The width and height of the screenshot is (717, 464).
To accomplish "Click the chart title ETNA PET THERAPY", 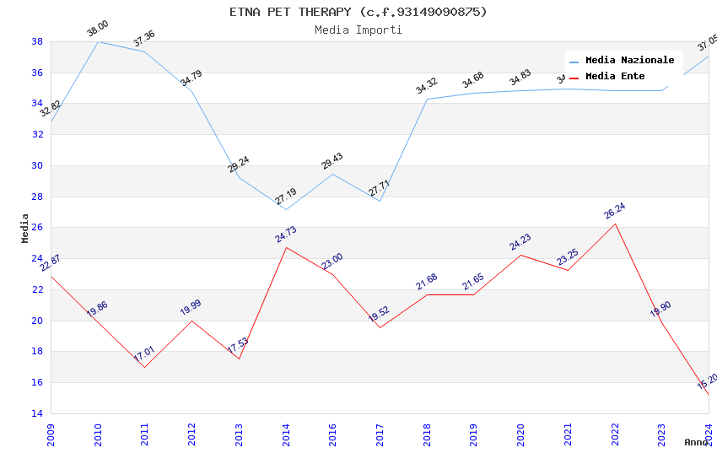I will pyautogui.click(x=358, y=12).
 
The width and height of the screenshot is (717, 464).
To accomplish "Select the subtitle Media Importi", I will pyautogui.click(x=358, y=30).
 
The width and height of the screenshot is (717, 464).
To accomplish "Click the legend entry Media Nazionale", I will pyautogui.click(x=629, y=61).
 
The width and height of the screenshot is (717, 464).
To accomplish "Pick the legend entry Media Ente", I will pyautogui.click(x=615, y=77).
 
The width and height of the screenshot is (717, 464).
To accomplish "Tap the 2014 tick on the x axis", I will pyautogui.click(x=286, y=431).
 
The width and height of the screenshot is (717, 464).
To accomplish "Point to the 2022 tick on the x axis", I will pyautogui.click(x=615, y=431).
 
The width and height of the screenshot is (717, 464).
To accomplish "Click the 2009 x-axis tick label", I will pyautogui.click(x=51, y=431).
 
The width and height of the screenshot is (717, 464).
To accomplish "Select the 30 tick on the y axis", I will pyautogui.click(x=38, y=165).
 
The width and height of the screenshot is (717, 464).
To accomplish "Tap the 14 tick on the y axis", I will pyautogui.click(x=38, y=413).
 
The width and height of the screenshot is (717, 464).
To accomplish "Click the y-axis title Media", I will pyautogui.click(x=24, y=228).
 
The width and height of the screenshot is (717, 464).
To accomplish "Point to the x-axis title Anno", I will pyautogui.click(x=696, y=442).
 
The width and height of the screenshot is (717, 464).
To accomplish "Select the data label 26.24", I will pyautogui.click(x=615, y=211).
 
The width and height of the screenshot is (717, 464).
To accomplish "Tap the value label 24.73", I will pyautogui.click(x=286, y=235).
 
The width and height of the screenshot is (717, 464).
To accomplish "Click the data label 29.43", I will pyautogui.click(x=332, y=161).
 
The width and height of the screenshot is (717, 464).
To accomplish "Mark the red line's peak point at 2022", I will pyautogui.click(x=615, y=224).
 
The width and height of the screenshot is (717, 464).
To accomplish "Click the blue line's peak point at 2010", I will pyautogui.click(x=98, y=41).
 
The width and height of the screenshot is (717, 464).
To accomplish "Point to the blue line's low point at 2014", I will pyautogui.click(x=286, y=209).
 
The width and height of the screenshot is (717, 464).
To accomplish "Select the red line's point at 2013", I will pyautogui.click(x=239, y=359).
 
